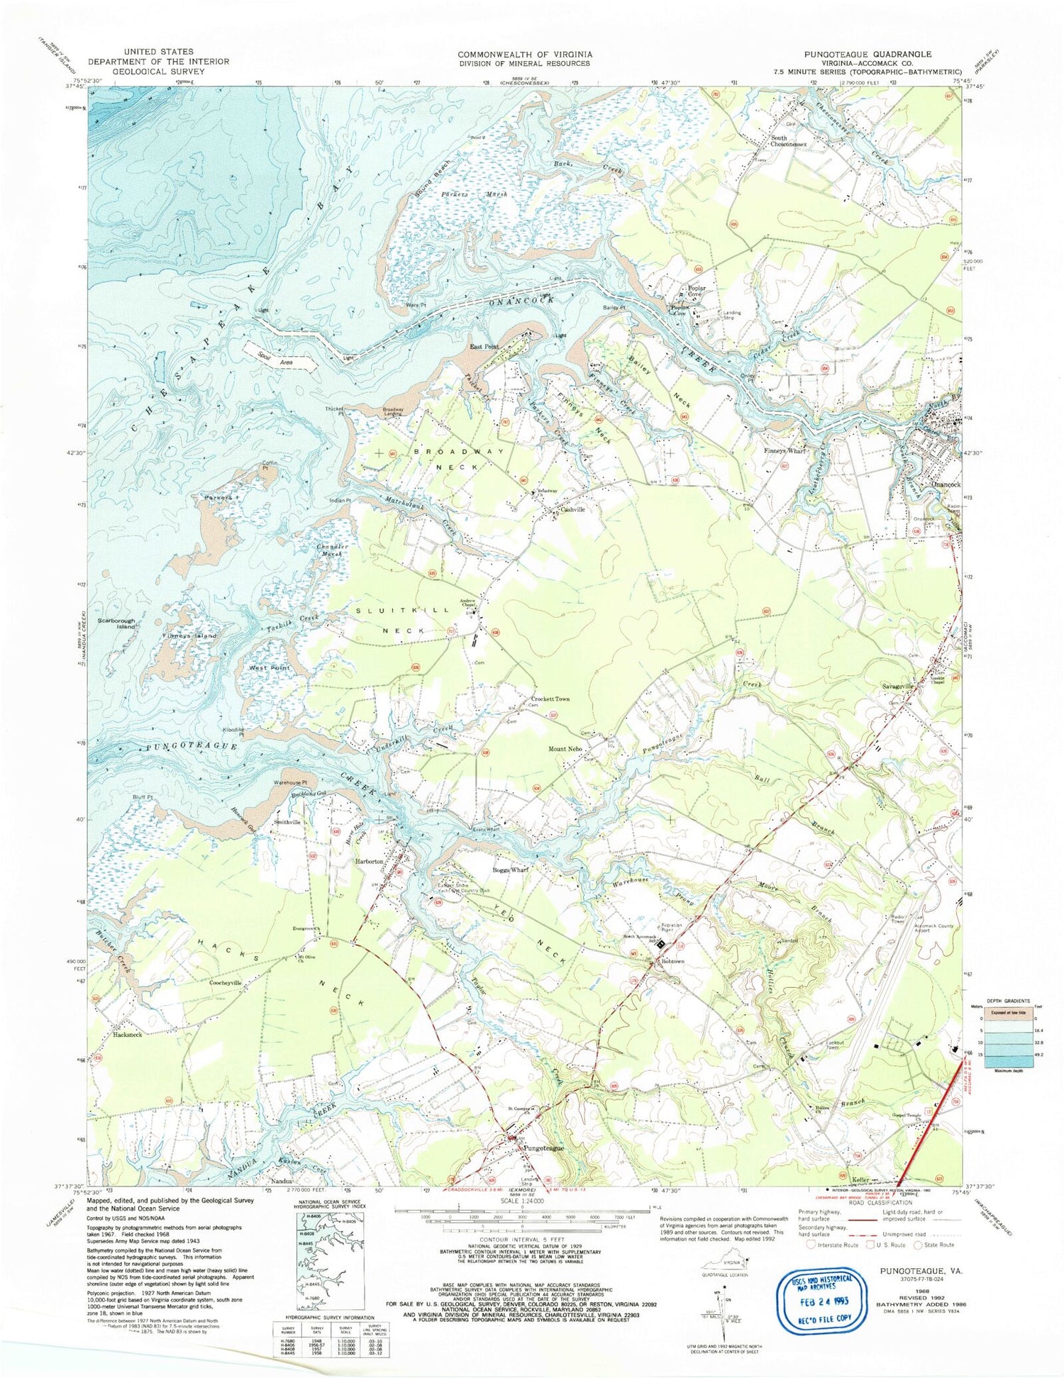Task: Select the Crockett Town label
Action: point(550,699)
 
